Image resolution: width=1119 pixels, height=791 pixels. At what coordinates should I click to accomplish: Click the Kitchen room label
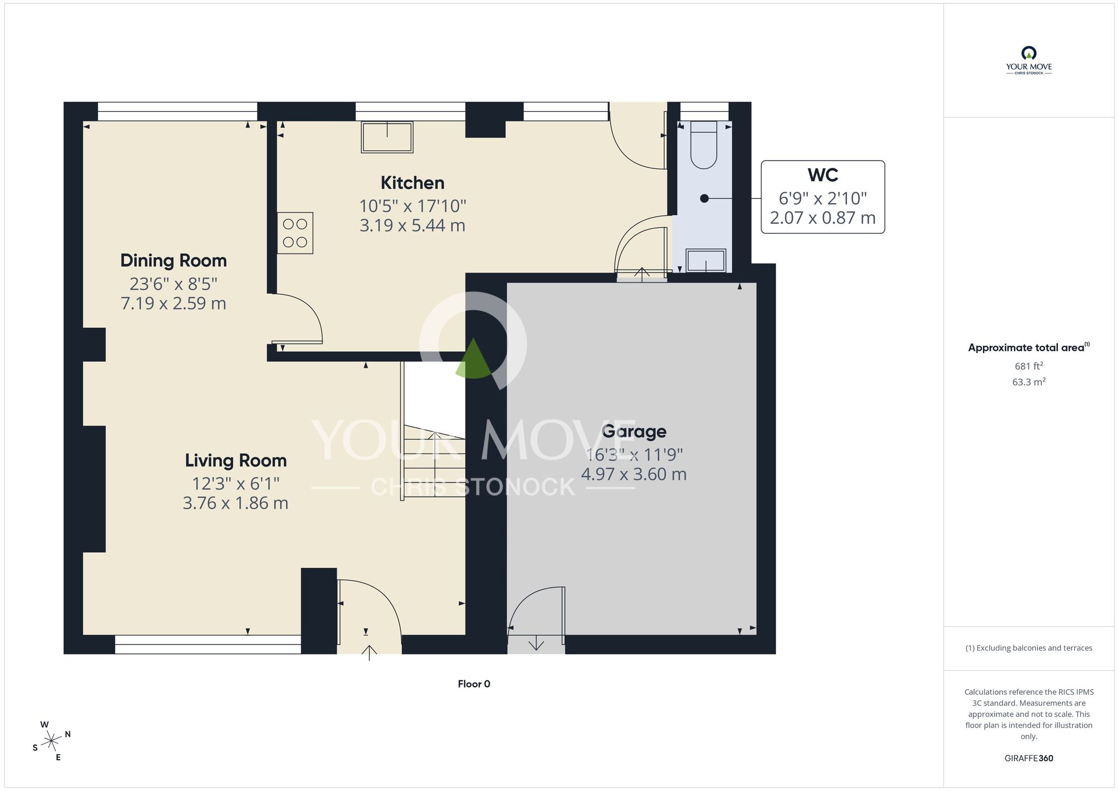[412, 183]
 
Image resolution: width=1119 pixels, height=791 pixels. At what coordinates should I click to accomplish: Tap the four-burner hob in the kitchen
[295, 233]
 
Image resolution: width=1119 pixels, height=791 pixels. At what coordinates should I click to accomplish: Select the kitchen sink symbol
[387, 137]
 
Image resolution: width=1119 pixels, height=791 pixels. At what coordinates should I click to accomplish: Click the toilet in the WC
[703, 145]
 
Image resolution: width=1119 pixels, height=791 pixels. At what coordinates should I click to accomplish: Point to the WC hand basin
[706, 261]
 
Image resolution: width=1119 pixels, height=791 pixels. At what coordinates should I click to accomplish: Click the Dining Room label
[173, 261]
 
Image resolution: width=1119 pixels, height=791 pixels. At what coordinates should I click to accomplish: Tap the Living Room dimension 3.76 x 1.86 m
[236, 503]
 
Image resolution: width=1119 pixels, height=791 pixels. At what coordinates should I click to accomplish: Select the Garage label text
[634, 431]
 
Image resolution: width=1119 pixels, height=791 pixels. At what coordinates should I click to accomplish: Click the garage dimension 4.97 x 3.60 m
[634, 474]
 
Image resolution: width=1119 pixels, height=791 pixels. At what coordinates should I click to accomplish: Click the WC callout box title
[822, 175]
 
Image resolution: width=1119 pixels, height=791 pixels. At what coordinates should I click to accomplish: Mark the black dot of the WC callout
[704, 199]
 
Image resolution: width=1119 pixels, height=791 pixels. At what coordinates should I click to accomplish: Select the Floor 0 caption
[474, 684]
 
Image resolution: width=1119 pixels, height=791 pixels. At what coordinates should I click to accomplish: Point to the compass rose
[51, 741]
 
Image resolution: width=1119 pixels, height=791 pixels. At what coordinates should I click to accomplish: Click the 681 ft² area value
[1028, 366]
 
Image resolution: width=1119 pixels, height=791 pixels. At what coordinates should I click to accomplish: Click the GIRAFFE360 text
[1028, 759]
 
